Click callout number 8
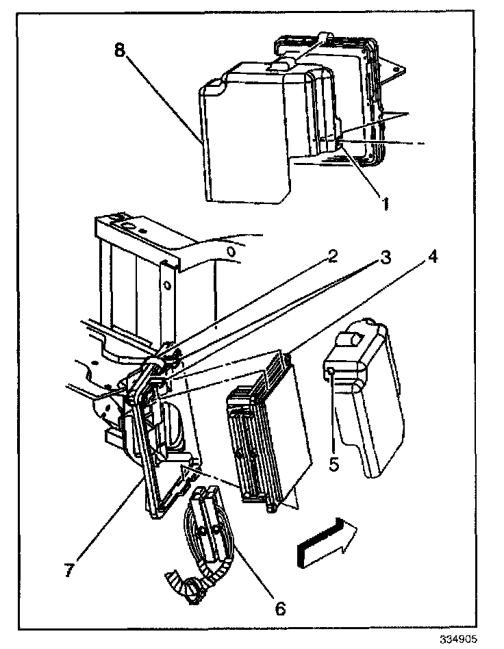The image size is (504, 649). pyautogui.click(x=120, y=52)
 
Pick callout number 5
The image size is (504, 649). pyautogui.click(x=333, y=463)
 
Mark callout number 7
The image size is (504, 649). pyautogui.click(x=69, y=570)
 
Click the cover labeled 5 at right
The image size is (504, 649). pyautogui.click(x=366, y=404)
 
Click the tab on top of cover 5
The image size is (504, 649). pyautogui.click(x=357, y=338)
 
